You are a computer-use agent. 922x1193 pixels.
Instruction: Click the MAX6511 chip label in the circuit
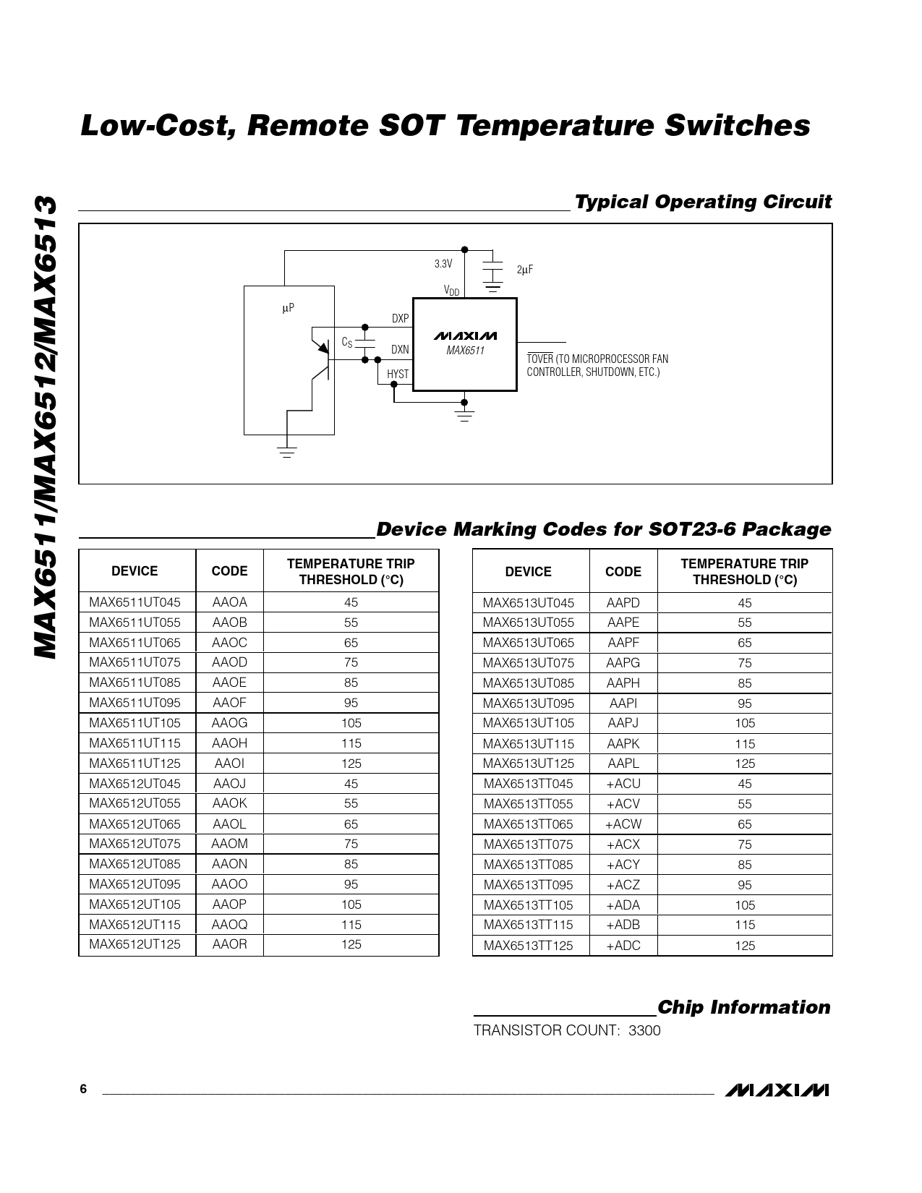coord(465,351)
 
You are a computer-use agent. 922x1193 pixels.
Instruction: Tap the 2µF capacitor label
coord(525,270)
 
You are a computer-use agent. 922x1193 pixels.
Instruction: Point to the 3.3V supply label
coord(443,264)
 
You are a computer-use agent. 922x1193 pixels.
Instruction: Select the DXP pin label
coord(400,318)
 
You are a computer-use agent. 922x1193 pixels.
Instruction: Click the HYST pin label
coord(398,374)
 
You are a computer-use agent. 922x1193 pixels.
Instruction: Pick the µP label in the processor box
coord(288,308)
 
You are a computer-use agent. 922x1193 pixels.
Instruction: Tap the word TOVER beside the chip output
coord(539,359)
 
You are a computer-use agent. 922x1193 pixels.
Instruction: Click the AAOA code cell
coord(229,602)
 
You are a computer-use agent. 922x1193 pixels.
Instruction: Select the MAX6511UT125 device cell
coord(135,764)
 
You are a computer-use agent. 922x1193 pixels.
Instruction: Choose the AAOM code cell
coord(229,844)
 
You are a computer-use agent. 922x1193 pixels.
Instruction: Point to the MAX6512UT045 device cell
coord(135,784)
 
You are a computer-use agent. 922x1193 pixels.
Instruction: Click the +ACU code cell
coord(623,784)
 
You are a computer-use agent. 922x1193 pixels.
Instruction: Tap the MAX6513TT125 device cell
coord(528,946)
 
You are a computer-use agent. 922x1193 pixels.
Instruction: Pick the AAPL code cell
coord(623,764)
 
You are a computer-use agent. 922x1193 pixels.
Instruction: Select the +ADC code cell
coord(623,946)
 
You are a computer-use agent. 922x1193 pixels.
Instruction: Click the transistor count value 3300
coord(644,1030)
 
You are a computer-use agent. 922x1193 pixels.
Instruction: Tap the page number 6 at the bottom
coord(83,1090)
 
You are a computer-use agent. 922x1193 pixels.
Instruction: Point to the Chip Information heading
coord(744,1007)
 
